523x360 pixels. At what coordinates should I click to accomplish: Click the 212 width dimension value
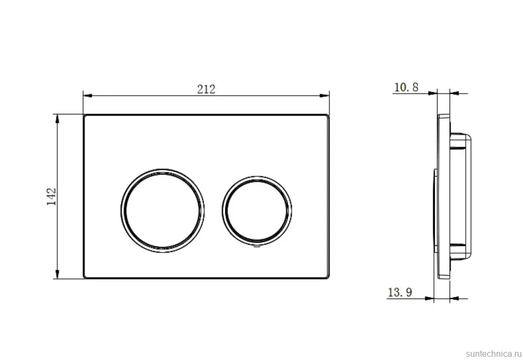[206, 89]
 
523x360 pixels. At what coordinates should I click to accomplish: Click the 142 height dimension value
[51, 197]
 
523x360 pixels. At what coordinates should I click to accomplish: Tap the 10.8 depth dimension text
[406, 87]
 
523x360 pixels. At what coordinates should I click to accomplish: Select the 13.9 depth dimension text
[400, 292]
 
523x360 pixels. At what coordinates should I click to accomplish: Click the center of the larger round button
[163, 211]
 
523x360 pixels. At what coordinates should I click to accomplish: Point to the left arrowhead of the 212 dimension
[87, 96]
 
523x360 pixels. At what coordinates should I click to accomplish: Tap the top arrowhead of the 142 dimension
[57, 119]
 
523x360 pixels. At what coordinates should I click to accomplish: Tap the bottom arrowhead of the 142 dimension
[57, 274]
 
